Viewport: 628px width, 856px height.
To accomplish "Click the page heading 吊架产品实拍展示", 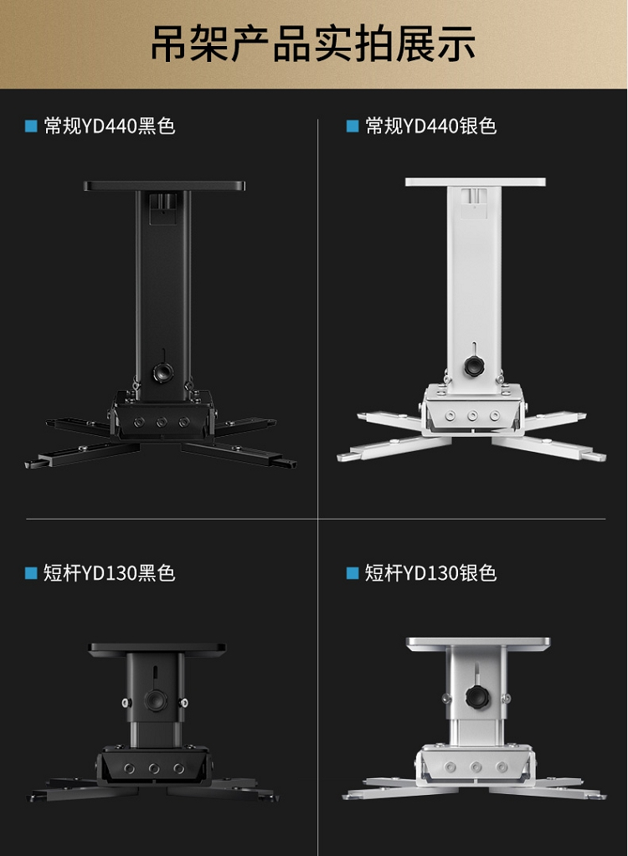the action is [x=313, y=44].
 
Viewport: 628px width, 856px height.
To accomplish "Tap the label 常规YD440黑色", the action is [x=109, y=126].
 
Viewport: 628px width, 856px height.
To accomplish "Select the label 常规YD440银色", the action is [x=431, y=126].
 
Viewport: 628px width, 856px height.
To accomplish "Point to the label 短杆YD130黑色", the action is [x=109, y=572].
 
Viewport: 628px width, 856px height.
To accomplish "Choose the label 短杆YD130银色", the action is [x=431, y=572].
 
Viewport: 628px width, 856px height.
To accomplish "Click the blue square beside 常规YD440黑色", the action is [x=31, y=126].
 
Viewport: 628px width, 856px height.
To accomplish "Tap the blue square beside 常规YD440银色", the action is [x=353, y=126].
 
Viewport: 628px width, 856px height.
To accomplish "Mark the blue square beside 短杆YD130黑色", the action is [x=31, y=573].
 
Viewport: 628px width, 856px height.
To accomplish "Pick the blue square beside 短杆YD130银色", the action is [x=353, y=573].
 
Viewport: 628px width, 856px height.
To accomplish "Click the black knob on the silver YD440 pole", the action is [x=474, y=366].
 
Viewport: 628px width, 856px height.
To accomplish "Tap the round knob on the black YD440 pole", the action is [x=162, y=372].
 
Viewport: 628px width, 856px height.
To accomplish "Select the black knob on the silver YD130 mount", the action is [x=476, y=697].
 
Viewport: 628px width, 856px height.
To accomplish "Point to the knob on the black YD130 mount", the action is [x=156, y=700].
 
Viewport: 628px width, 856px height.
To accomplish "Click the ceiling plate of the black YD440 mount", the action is [x=164, y=186].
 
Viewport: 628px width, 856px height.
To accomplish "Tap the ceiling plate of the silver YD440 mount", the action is [x=475, y=182].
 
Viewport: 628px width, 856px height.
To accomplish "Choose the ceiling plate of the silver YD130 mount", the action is [x=478, y=643].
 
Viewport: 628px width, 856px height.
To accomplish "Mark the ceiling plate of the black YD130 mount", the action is [x=157, y=648].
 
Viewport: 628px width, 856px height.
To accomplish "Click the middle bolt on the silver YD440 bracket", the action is [x=472, y=416].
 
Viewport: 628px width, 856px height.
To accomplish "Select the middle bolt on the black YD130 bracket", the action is [x=154, y=769].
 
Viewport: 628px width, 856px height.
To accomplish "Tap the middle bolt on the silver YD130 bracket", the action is [x=476, y=767].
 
